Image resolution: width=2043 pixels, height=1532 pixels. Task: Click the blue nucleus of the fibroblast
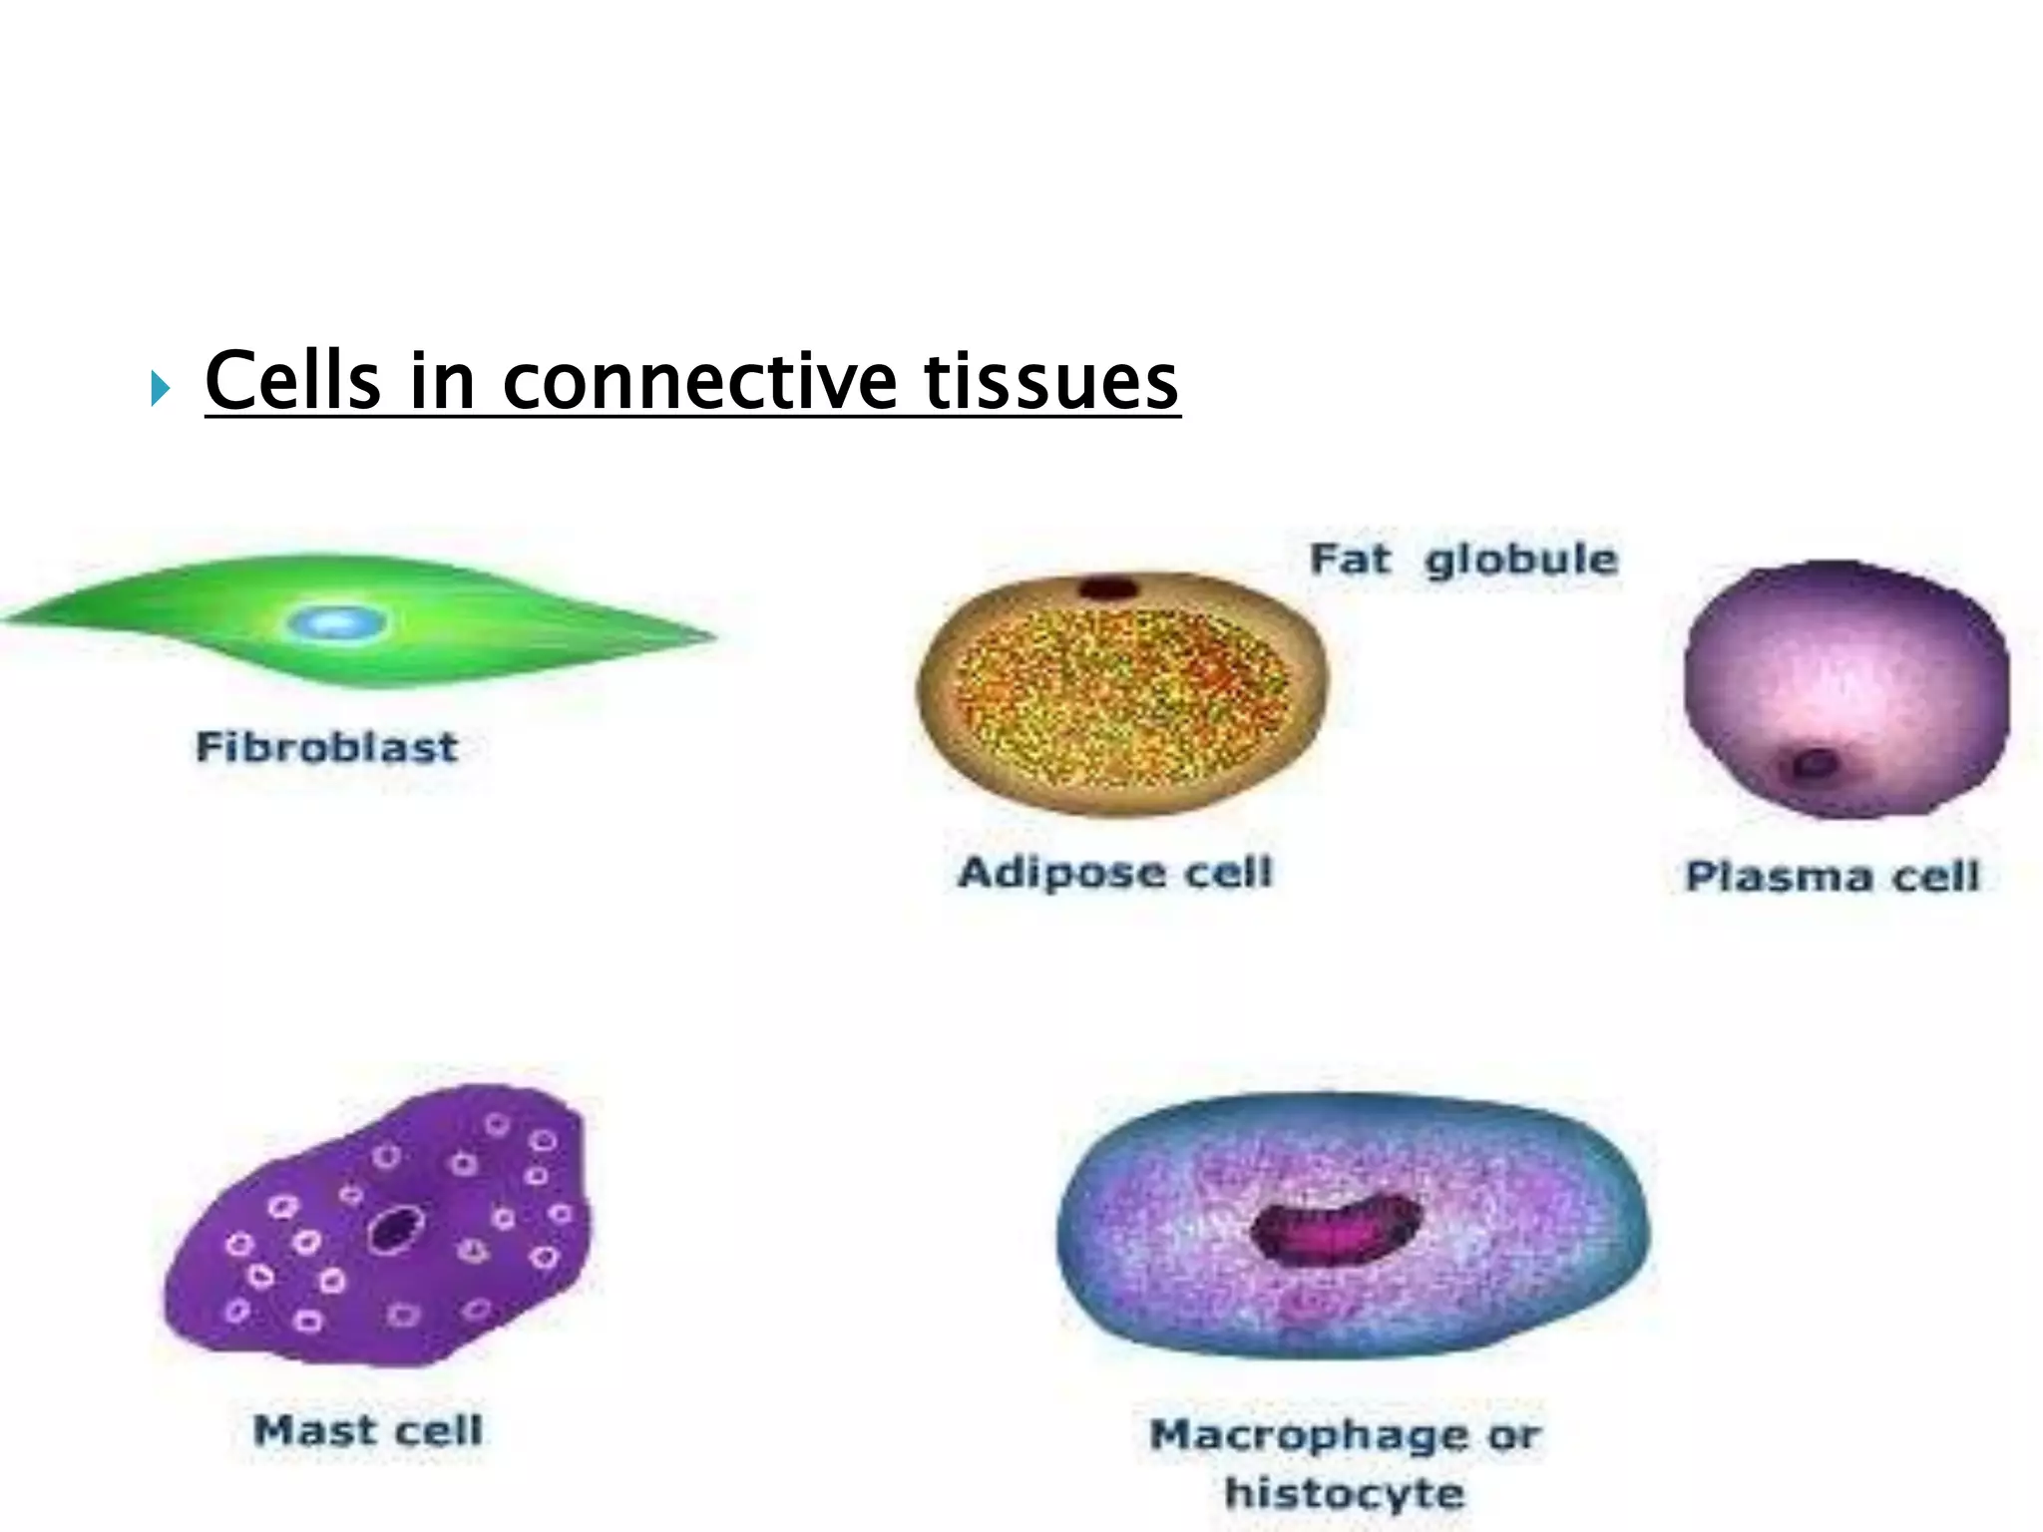[x=336, y=623]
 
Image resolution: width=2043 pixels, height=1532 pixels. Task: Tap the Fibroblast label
[x=326, y=747]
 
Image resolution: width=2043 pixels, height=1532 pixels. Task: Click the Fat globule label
[x=1463, y=560]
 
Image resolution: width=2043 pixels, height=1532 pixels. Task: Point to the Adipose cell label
[x=1115, y=873]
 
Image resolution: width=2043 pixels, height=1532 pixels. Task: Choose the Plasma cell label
[x=1832, y=877]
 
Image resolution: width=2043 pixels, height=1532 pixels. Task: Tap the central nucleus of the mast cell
[x=395, y=1229]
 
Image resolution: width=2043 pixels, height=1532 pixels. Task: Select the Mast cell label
[x=368, y=1431]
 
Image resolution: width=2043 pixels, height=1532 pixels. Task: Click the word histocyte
[x=1345, y=1493]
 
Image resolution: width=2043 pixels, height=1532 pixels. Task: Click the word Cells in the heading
[x=292, y=380]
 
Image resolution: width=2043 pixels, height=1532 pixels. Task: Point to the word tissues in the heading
[x=1051, y=382]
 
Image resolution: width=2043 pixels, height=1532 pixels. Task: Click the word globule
[x=1521, y=560]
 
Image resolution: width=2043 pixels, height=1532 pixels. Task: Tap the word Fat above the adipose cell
[x=1350, y=559]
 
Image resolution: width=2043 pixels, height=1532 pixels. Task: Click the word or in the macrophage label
[x=1515, y=1436]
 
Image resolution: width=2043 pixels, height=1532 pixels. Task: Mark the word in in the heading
[x=442, y=380]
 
